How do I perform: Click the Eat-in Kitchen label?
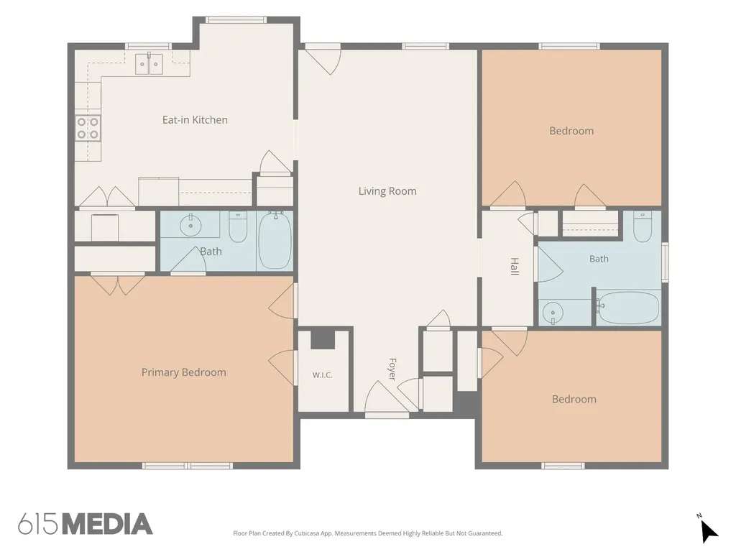pos(195,120)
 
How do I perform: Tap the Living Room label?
pos(387,191)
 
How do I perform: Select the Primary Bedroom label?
pos(183,372)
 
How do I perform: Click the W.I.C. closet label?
pos(323,375)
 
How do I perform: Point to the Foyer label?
pos(392,369)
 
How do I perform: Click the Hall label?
pos(515,266)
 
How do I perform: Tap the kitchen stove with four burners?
pos(88,128)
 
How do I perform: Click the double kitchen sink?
pos(149,64)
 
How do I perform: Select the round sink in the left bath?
pos(190,226)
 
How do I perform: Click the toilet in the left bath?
pos(238,226)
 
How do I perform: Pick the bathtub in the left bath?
pos(275,240)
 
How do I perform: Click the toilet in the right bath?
pos(643,226)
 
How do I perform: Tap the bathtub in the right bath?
pos(630,308)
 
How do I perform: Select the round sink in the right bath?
pos(553,312)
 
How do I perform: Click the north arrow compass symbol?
pos(707,530)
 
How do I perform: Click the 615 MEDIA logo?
pos(85,524)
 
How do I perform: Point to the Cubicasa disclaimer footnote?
pos(368,533)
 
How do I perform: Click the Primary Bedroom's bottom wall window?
pos(188,466)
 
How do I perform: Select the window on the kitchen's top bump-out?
pos(236,19)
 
